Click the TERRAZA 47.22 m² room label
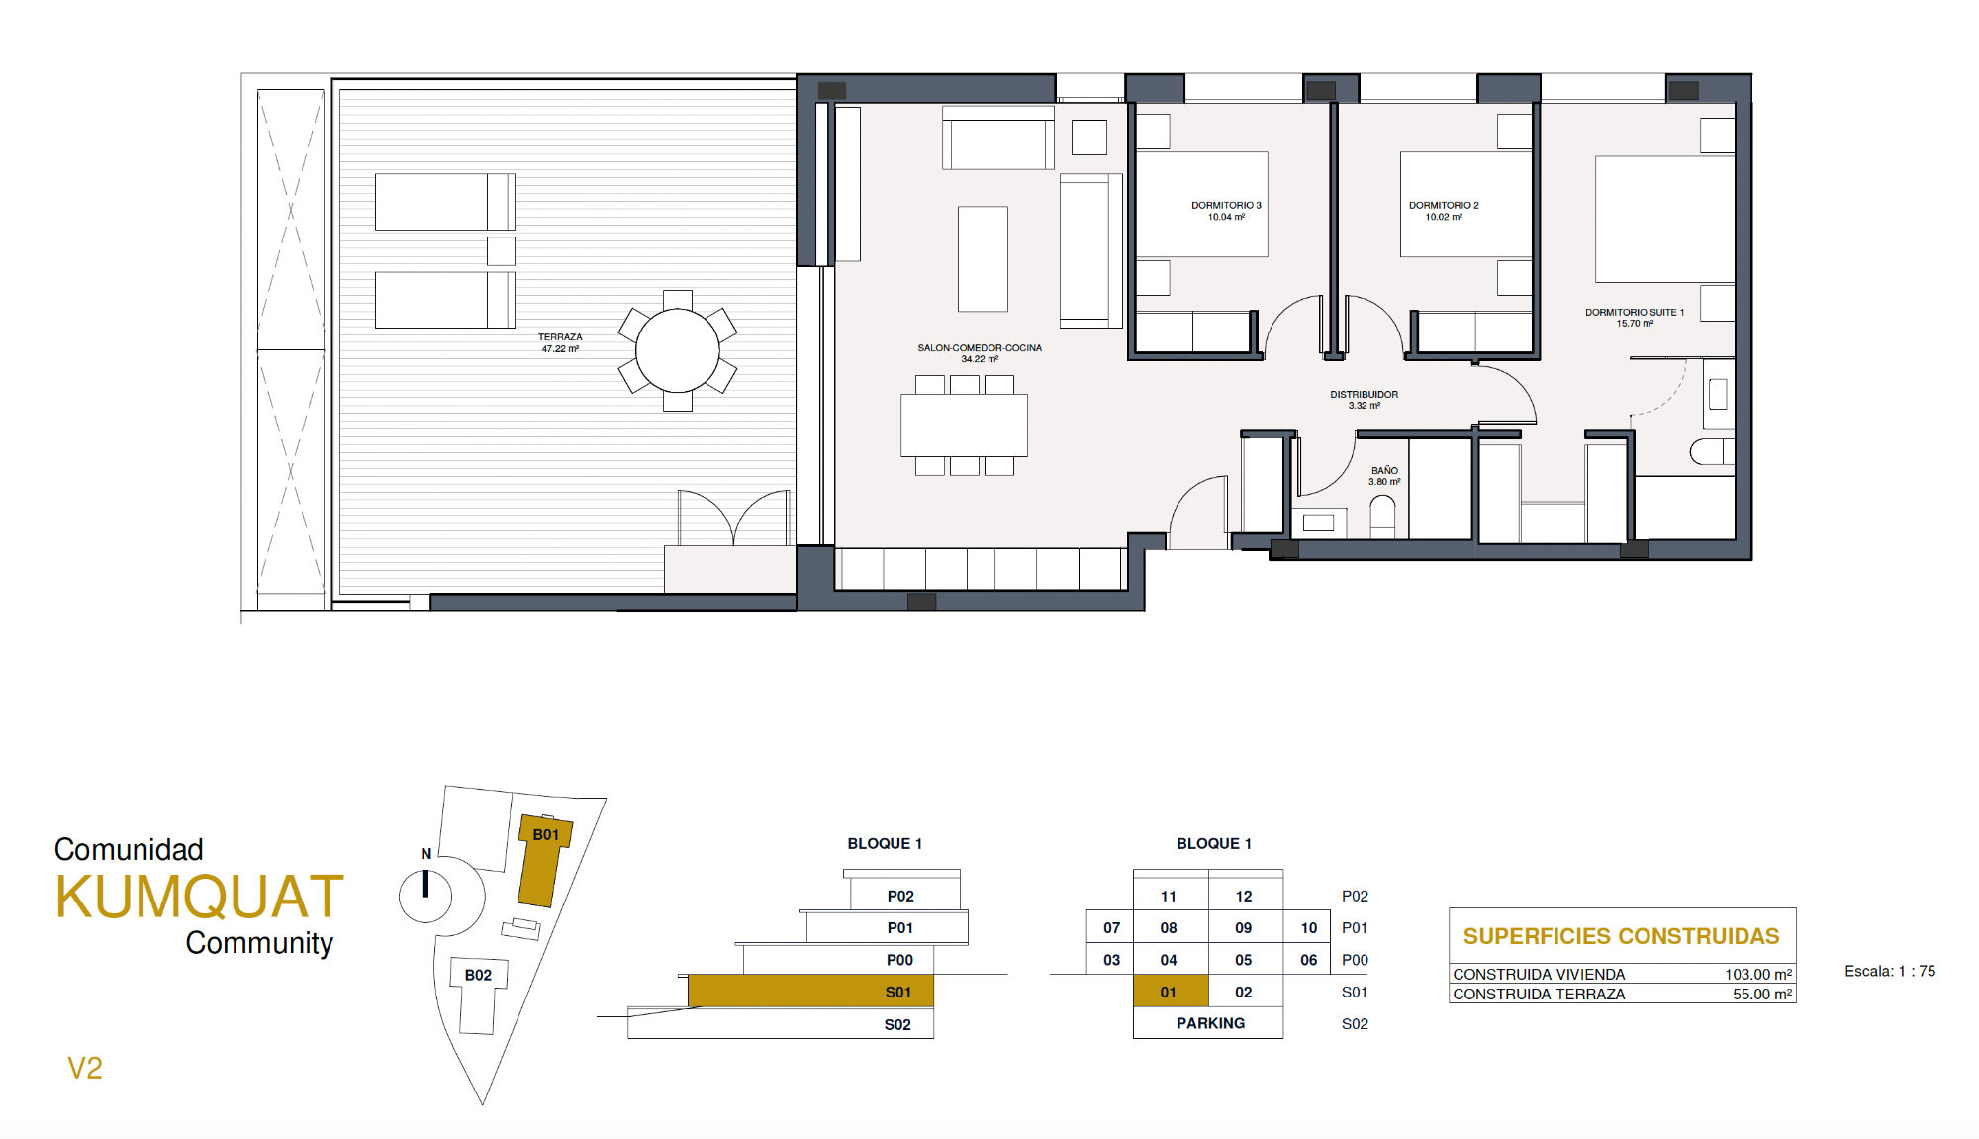560,343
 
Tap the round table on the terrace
678,350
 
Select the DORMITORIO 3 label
1226,211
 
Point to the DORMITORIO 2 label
1444,211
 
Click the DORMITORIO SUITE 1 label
1635,318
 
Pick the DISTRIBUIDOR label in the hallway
1364,400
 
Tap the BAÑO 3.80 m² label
1384,476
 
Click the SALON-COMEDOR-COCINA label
980,353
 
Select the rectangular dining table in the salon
964,426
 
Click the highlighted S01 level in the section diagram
810,992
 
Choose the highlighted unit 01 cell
1171,992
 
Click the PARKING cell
1208,1023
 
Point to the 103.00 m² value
1758,975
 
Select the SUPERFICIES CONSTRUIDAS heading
1621,936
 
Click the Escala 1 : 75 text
1890,972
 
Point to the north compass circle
425,897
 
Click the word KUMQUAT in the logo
200,897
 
